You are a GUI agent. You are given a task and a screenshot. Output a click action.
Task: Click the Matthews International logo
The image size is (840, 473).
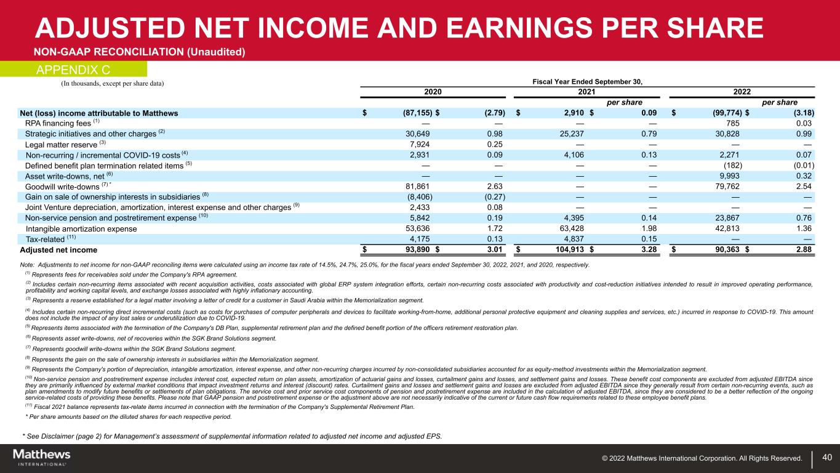42,458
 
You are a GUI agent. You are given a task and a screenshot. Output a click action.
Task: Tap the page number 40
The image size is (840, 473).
826,457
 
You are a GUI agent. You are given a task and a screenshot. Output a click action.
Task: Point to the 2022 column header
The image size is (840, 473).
741,92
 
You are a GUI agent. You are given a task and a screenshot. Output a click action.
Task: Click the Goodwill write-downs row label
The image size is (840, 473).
63,186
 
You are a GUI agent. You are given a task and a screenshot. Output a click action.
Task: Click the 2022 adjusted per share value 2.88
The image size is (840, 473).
802,250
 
